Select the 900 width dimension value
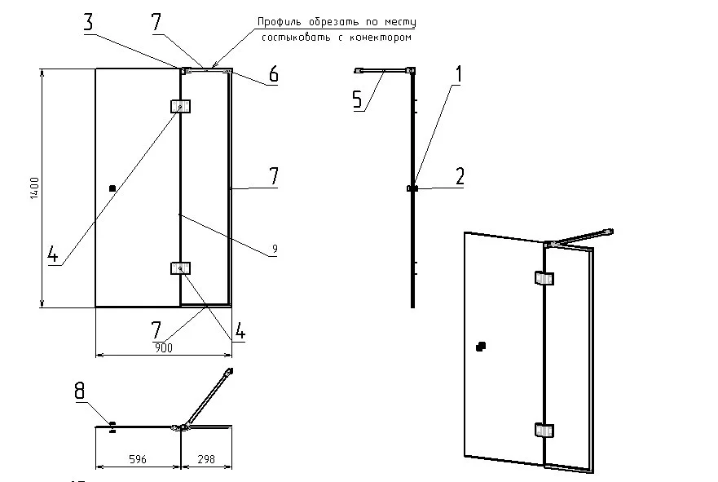point(164,348)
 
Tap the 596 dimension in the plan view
point(138,460)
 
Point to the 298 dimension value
point(206,460)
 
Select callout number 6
point(274,75)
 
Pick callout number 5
point(357,99)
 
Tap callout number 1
point(458,74)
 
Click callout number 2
point(460,176)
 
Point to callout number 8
point(80,392)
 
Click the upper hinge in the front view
point(180,106)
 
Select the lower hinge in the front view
point(180,268)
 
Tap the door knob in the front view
point(112,188)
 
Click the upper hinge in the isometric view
point(544,279)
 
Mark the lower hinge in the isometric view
point(544,430)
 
